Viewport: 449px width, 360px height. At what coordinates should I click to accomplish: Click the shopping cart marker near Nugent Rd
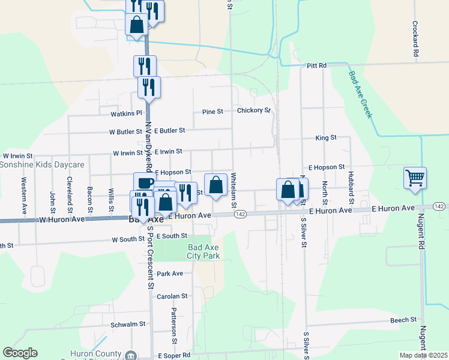click(415, 178)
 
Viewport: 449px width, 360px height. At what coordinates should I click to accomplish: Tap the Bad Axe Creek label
click(359, 95)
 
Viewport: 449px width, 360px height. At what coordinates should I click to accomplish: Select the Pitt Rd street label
click(316, 65)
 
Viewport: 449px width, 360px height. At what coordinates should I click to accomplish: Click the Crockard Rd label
click(415, 40)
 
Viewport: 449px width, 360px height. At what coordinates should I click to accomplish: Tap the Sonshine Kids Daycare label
click(42, 164)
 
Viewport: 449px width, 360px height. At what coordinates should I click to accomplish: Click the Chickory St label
click(254, 110)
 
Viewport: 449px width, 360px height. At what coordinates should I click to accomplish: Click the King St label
click(326, 138)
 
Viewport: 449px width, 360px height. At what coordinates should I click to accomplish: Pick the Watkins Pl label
click(125, 113)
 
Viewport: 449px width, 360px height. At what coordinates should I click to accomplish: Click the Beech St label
click(403, 320)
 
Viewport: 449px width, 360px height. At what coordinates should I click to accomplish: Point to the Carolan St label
click(172, 296)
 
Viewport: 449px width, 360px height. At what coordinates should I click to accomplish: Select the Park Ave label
click(170, 274)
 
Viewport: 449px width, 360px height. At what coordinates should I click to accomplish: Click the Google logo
click(20, 353)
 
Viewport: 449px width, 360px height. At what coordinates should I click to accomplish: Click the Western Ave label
click(25, 196)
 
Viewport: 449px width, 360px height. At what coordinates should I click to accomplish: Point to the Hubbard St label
click(351, 182)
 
